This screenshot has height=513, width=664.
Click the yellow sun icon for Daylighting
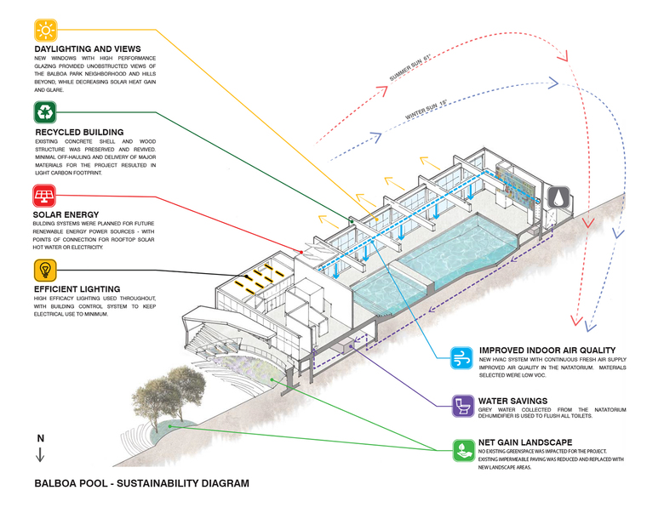[x=46, y=30]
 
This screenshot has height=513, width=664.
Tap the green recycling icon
[x=46, y=112]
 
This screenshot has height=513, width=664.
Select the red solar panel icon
[x=46, y=197]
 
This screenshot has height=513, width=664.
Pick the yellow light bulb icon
[x=46, y=271]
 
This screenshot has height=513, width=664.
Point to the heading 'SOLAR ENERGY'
[x=67, y=214]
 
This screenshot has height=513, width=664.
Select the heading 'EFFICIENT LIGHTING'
[x=77, y=288]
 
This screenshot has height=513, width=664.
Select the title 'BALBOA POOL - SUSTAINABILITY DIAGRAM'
[x=141, y=484]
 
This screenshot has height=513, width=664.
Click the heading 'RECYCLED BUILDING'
[x=79, y=132]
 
